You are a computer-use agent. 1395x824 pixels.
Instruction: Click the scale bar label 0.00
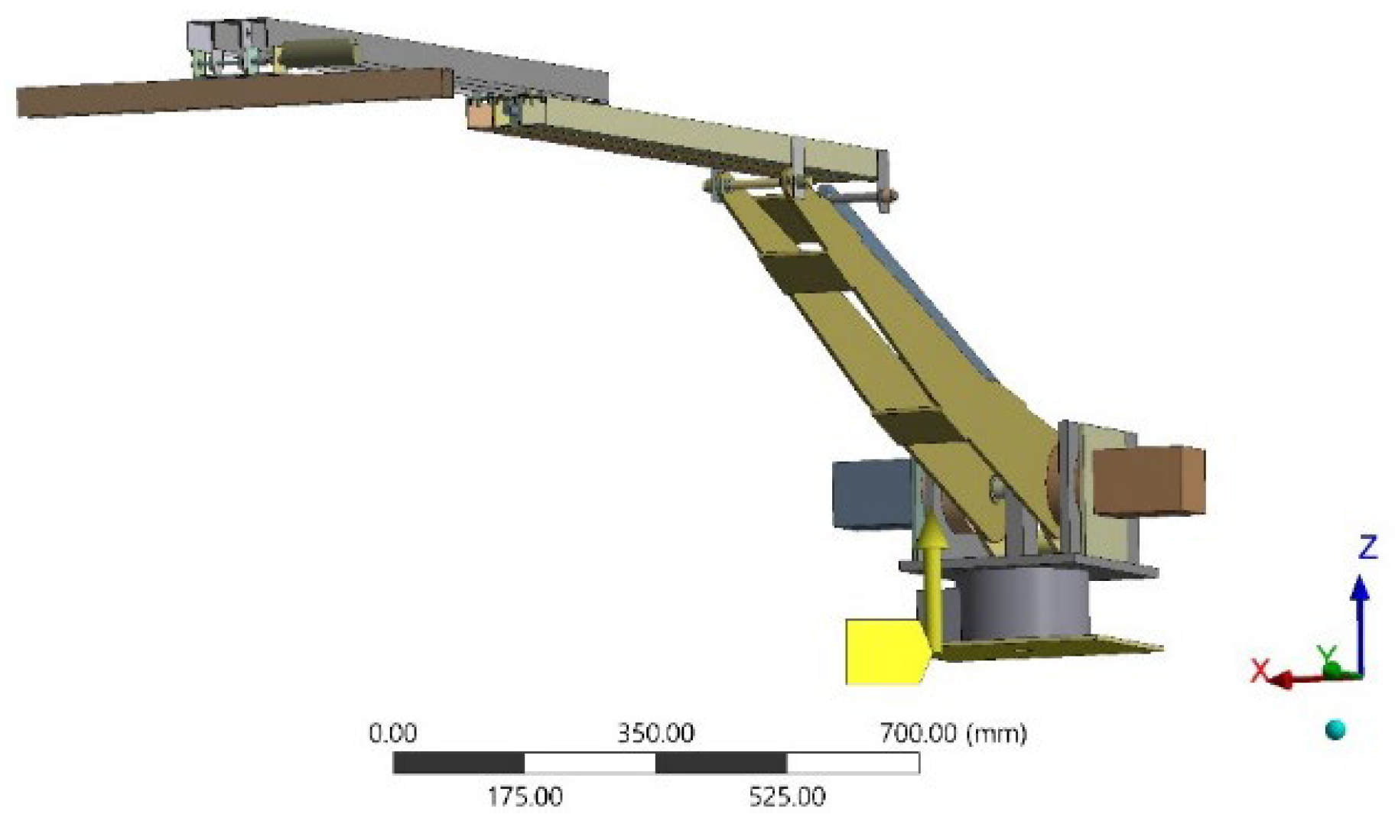[392, 733]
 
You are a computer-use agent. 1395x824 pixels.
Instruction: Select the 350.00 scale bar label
[655, 733]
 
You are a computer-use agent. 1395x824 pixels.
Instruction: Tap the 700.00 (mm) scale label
[952, 733]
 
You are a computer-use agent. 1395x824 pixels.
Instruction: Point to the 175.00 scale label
[525, 797]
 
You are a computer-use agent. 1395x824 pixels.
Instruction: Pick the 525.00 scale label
[787, 797]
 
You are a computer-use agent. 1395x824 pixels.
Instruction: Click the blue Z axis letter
[1367, 547]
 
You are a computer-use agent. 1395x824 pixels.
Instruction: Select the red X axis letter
[1260, 670]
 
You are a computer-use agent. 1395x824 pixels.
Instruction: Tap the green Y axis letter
[1327, 654]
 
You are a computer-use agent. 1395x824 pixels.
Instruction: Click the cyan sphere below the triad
[1335, 730]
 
